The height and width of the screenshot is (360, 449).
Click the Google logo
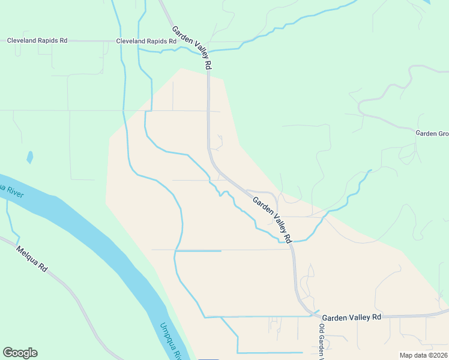20,353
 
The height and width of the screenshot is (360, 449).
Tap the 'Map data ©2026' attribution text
423,355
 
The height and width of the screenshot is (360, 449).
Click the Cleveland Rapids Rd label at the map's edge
37,41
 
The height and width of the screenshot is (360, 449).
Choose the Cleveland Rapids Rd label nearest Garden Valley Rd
147,41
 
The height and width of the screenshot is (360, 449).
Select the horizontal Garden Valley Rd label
351,317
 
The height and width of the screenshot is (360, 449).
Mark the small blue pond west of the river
29,158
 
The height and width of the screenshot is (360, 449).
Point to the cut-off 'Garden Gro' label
432,133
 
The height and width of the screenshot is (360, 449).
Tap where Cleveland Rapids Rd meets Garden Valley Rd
208,43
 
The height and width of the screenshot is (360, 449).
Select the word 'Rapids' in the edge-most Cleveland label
46,41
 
